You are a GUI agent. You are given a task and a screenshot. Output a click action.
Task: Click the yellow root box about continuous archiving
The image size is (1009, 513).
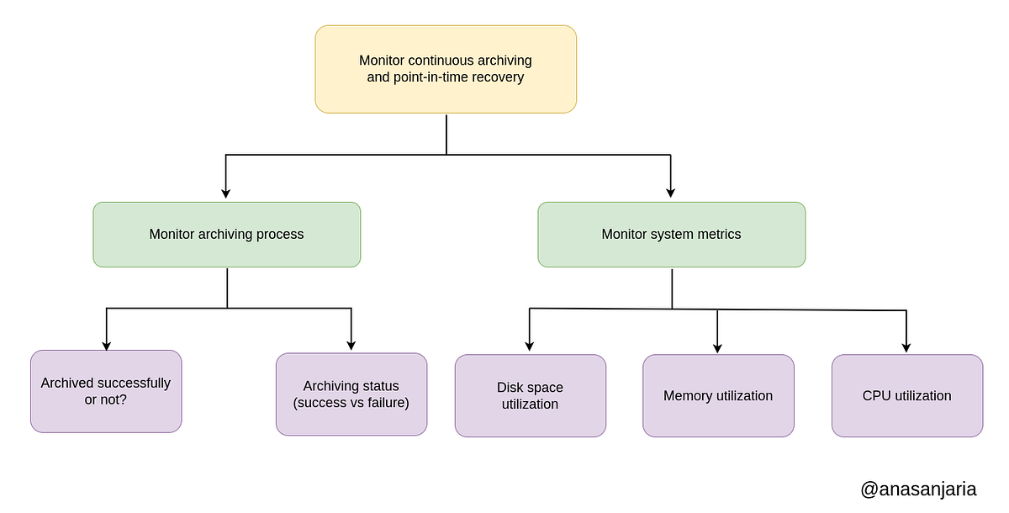pyautogui.click(x=446, y=69)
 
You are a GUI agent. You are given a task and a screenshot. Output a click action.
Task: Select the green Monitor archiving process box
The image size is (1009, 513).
pyautogui.click(x=226, y=235)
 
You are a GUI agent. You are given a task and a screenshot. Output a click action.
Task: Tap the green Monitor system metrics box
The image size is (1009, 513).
pyautogui.click(x=671, y=235)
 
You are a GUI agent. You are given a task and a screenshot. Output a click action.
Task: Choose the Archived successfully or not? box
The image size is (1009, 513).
pyautogui.click(x=106, y=391)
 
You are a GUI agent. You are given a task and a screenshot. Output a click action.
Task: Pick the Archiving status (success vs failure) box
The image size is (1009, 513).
pyautogui.click(x=351, y=394)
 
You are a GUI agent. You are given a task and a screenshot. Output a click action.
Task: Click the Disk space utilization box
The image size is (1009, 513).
pyautogui.click(x=530, y=395)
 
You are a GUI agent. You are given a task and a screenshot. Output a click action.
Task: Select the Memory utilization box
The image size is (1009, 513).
pyautogui.click(x=718, y=395)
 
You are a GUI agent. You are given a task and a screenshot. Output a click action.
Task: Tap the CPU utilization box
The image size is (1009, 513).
pyautogui.click(x=906, y=395)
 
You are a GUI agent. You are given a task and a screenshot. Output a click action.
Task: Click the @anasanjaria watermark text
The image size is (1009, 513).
pyautogui.click(x=918, y=489)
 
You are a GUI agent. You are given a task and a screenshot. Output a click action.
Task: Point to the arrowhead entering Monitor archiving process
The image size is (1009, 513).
pyautogui.click(x=225, y=193)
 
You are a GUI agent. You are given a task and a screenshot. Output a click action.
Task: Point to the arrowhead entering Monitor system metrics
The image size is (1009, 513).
pyautogui.click(x=671, y=193)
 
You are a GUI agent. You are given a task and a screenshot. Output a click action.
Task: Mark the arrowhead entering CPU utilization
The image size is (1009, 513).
pyautogui.click(x=906, y=346)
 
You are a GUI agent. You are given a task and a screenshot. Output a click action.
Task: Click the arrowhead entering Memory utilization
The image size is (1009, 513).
pyautogui.click(x=717, y=346)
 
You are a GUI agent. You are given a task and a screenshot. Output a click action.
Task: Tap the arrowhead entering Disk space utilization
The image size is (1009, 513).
pyautogui.click(x=530, y=346)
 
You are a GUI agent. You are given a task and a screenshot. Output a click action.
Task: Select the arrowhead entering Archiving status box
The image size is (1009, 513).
pyautogui.click(x=351, y=345)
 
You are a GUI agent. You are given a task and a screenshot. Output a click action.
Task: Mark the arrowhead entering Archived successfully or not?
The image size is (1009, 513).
pyautogui.click(x=106, y=344)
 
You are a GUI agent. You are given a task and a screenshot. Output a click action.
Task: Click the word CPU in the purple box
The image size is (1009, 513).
pyautogui.click(x=876, y=395)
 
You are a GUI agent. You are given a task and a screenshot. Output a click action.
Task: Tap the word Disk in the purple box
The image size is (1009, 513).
pyautogui.click(x=510, y=388)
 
